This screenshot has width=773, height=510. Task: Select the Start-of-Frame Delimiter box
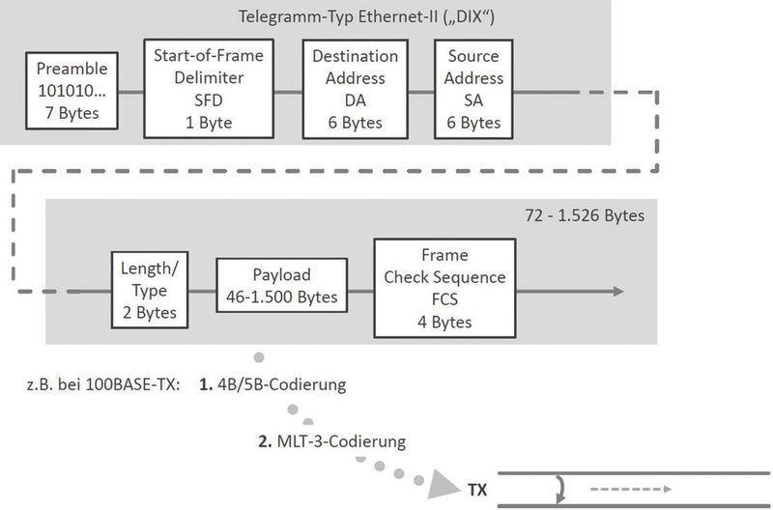(210, 88)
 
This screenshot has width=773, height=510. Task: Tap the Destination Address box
(355, 89)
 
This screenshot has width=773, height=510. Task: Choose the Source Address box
(472, 89)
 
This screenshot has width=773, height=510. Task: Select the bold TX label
(477, 490)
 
